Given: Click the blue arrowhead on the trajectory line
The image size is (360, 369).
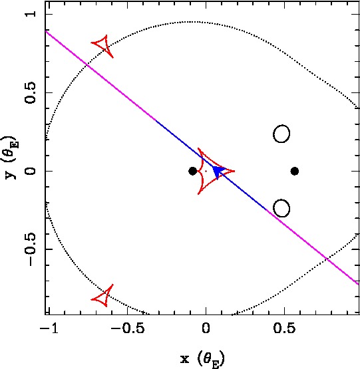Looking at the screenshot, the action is (x=218, y=172).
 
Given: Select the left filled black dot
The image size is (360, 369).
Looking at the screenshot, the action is (x=193, y=171).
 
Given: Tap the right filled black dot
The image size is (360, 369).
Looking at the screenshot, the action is (x=295, y=171).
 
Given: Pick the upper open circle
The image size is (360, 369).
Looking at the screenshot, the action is (x=281, y=134).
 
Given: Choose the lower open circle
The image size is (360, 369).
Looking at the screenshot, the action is (x=281, y=208).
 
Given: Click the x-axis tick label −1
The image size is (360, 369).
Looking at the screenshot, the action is (x=49, y=328).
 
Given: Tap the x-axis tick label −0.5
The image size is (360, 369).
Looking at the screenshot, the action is (x=128, y=328).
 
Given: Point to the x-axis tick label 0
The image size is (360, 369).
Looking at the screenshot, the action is (x=206, y=328).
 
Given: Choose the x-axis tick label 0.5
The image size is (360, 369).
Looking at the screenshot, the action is (x=284, y=328).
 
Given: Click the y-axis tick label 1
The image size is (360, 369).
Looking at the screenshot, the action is (x=31, y=14).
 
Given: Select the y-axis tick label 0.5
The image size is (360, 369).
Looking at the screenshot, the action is (x=31, y=92).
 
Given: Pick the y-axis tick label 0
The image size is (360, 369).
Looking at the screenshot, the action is (x=31, y=171).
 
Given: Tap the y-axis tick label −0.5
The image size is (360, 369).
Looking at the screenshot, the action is (x=31, y=249).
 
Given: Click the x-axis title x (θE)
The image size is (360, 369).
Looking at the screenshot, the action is (x=202, y=358).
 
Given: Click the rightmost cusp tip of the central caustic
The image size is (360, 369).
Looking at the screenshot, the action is (x=235, y=171).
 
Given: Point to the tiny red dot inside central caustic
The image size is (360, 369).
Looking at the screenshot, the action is (x=206, y=171).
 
